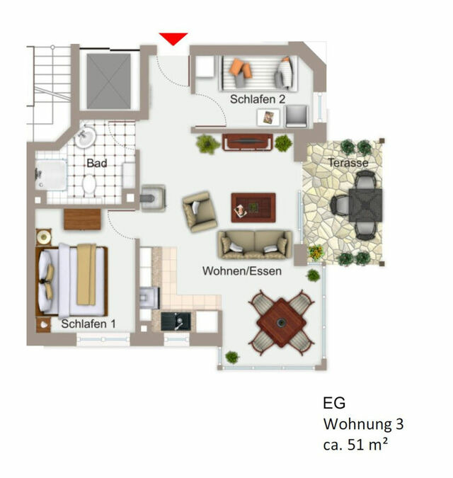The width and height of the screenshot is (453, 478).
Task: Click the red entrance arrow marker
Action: pyautogui.click(x=173, y=39)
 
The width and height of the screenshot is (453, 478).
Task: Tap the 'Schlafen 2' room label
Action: pyautogui.click(x=258, y=100)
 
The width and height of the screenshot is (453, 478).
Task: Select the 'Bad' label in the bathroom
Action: pyautogui.click(x=97, y=163)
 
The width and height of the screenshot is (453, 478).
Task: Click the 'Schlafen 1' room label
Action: pyautogui.click(x=88, y=324)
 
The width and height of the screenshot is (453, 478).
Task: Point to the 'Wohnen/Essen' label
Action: pyautogui.click(x=242, y=271)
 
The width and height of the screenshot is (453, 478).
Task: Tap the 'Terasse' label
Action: pyautogui.click(x=348, y=163)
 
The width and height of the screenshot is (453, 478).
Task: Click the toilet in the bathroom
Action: pyautogui.click(x=90, y=185)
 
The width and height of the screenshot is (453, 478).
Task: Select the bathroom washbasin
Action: pyautogui.click(x=86, y=135)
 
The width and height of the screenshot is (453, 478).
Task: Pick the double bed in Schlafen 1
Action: pyautogui.click(x=72, y=280)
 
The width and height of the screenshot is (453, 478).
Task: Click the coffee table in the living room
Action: pyautogui.click(x=253, y=207)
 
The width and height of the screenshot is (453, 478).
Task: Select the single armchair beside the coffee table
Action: pyautogui.click(x=199, y=211)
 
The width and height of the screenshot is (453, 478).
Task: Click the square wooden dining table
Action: pyautogui.click(x=281, y=323)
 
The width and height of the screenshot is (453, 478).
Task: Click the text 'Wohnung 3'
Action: pyautogui.click(x=363, y=425)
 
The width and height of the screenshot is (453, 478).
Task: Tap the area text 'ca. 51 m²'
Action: pyautogui.click(x=357, y=445)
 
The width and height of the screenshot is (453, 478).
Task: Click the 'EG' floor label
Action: pyautogui.click(x=334, y=404)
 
